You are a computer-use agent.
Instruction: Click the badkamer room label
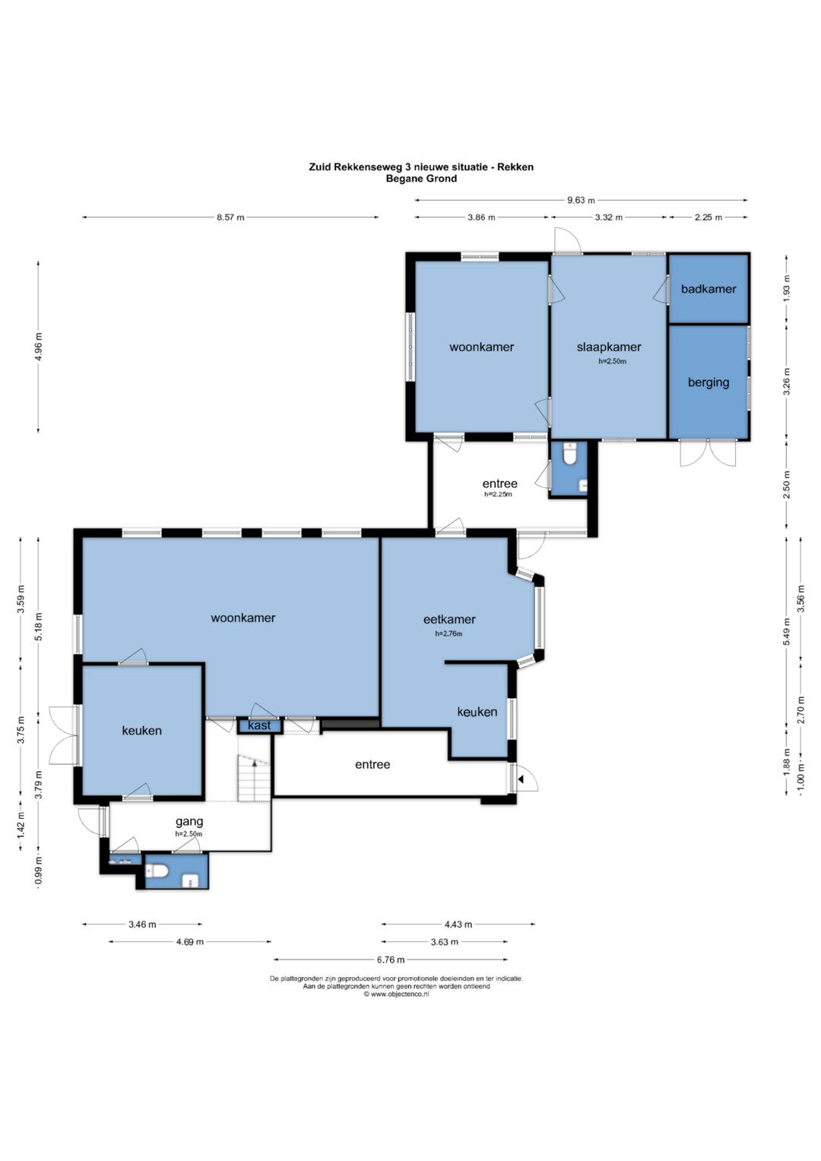point(708,289)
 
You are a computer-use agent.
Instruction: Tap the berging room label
point(708,382)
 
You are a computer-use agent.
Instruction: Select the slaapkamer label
point(609,347)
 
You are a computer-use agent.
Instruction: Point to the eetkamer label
point(449,619)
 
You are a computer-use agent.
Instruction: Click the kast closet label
point(259,725)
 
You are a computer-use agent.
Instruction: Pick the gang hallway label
point(189,821)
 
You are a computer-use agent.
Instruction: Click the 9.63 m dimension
point(581,200)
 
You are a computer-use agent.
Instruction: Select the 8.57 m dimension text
point(230,217)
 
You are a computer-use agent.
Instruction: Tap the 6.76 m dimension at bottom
point(391,960)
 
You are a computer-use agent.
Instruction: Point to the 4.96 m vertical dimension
point(38,347)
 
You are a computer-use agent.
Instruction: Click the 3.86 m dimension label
point(481,217)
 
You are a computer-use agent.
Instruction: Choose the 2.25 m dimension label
point(708,217)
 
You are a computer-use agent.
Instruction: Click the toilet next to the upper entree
point(569,455)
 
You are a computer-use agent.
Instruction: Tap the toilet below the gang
point(157,871)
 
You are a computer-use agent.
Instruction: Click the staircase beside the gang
point(254,778)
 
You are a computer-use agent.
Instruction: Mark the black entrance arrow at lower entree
point(521,779)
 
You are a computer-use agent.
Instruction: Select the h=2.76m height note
point(449,633)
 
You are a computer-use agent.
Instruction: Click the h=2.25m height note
point(498,494)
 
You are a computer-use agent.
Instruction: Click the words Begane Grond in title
point(421,179)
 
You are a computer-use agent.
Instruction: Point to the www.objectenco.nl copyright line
point(396,994)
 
